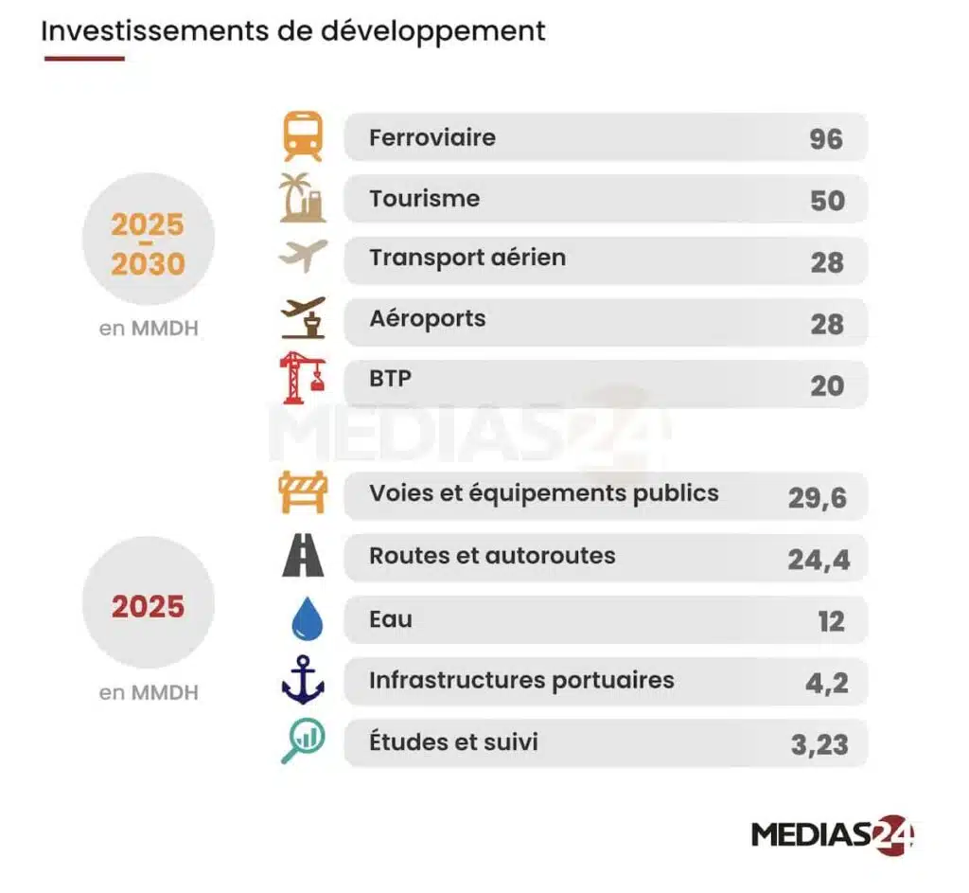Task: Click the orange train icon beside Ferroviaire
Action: [303, 136]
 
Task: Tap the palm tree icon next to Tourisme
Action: [303, 198]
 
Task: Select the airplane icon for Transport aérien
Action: [303, 256]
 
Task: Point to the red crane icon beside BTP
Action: [303, 377]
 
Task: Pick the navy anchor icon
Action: [303, 681]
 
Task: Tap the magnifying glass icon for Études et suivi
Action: [303, 741]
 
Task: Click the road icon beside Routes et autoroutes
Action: [303, 556]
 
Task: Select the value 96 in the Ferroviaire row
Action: [825, 139]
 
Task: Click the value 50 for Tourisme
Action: [827, 201]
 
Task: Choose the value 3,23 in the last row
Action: [819, 744]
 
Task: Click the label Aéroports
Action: [427, 318]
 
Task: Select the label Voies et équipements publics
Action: [543, 493]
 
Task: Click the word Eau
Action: [391, 620]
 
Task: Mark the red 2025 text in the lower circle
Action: [148, 606]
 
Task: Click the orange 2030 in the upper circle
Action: [148, 263]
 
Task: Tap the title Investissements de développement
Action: [293, 30]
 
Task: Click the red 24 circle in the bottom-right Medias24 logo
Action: [893, 834]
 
